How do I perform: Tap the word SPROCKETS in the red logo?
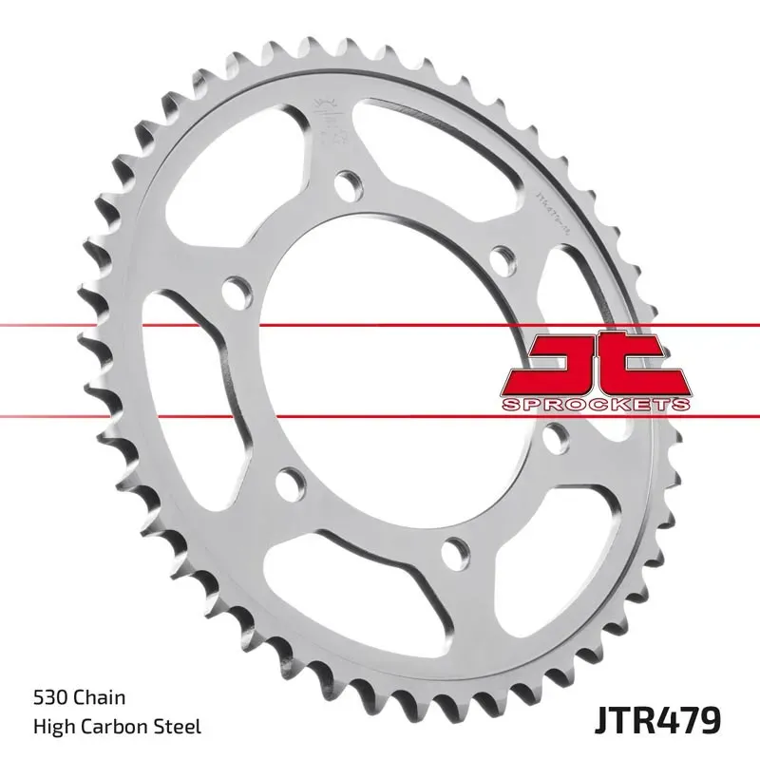[x=595, y=405]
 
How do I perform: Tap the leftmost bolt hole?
[x=234, y=286]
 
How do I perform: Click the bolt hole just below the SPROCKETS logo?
[x=556, y=435]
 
